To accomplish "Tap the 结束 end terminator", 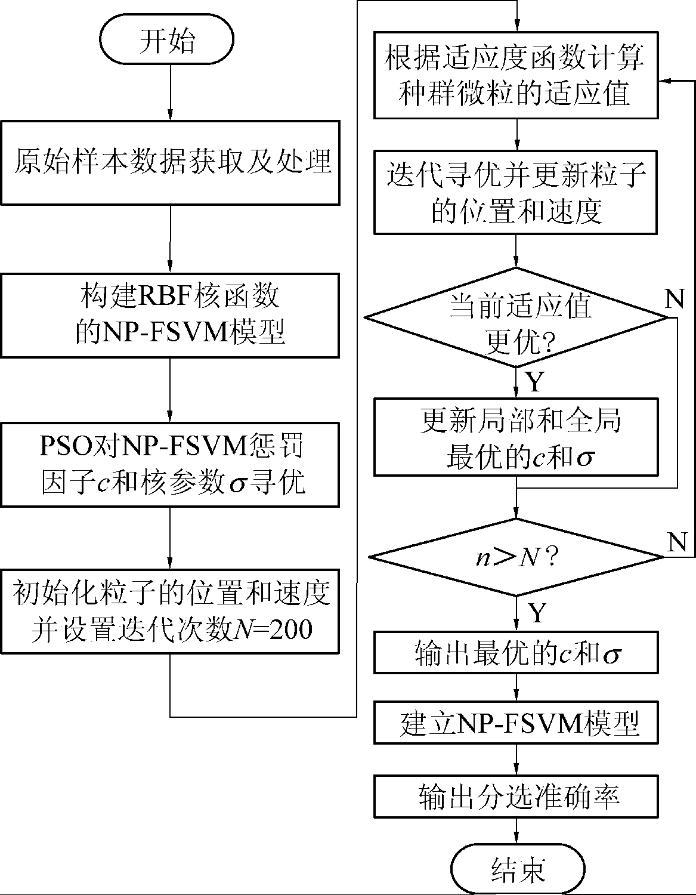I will click(x=516, y=871).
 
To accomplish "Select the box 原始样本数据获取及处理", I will click(x=171, y=163).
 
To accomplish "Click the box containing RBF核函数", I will click(x=171, y=316).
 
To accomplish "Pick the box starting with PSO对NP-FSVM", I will click(x=171, y=464).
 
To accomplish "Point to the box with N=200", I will click(x=171, y=612).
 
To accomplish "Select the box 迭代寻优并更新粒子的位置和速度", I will click(x=516, y=192).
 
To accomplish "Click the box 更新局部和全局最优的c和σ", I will click(x=516, y=437).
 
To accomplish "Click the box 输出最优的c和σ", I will click(x=516, y=654).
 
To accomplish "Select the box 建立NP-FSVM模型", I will click(x=516, y=723).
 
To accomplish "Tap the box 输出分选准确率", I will click(x=516, y=797).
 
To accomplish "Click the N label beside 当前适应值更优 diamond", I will click(x=675, y=298).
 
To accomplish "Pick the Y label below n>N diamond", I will click(x=537, y=612).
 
